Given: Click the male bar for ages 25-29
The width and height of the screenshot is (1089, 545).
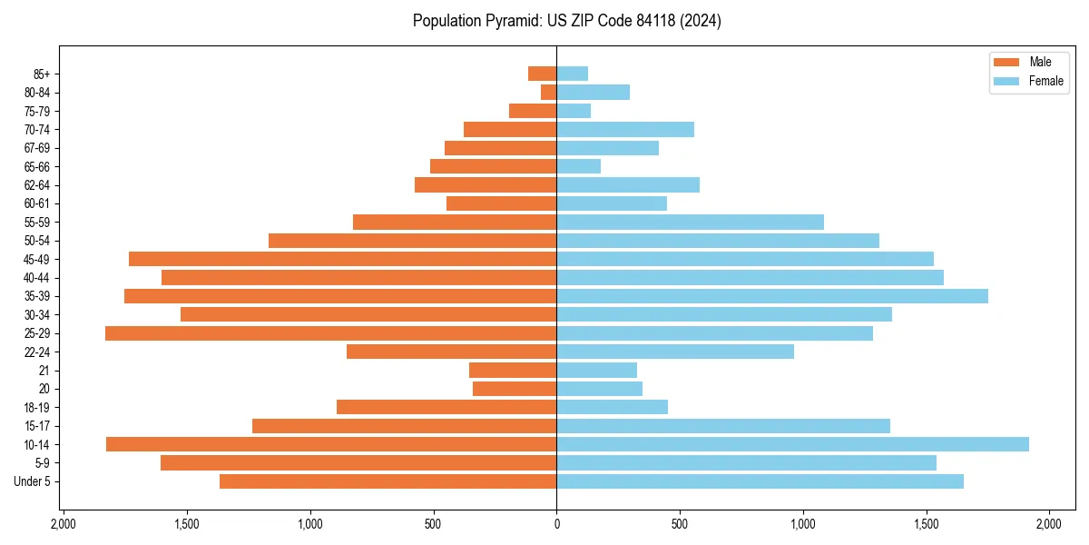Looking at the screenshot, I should click(x=330, y=333).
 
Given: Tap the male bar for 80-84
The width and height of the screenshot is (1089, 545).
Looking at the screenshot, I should click(x=549, y=92).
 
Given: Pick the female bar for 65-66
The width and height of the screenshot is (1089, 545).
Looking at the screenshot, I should click(x=579, y=166).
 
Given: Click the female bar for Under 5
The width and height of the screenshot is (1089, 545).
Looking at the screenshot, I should click(x=760, y=481).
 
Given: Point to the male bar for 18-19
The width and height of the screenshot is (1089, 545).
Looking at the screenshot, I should click(x=446, y=407).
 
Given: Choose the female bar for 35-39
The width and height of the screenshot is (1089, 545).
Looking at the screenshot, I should click(x=772, y=296).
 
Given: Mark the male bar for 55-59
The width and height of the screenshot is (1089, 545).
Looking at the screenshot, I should click(x=455, y=222).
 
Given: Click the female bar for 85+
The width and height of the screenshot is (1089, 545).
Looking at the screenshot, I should click(x=573, y=74).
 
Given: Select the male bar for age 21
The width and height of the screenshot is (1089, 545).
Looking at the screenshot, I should click(x=513, y=370).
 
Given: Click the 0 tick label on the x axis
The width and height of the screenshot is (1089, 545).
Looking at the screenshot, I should click(x=556, y=524).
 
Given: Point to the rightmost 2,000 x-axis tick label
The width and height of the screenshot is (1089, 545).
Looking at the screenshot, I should click(x=1048, y=524).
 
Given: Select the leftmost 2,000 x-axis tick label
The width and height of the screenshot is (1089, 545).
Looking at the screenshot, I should click(x=64, y=524).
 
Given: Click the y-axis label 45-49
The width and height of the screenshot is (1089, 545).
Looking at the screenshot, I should click(x=37, y=259).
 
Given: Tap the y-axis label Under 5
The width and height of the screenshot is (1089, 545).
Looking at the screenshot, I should click(x=33, y=481).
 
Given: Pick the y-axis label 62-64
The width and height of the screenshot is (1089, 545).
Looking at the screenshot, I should click(x=37, y=185).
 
